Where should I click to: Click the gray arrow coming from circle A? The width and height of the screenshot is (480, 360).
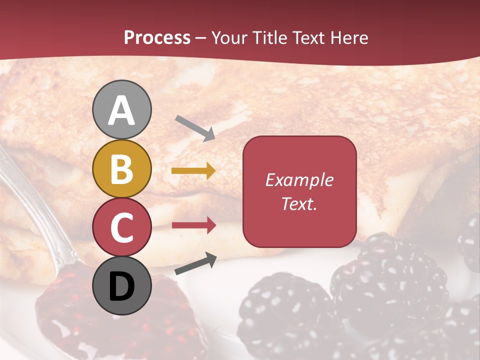pos(195,127)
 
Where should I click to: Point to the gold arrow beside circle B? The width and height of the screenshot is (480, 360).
pos(193,171)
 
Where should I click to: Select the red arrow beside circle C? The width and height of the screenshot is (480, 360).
pos(194,225)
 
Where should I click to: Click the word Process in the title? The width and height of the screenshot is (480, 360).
pos(157,38)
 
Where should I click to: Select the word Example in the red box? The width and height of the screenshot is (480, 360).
pos(299,180)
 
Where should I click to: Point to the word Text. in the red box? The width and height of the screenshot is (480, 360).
pos(299,204)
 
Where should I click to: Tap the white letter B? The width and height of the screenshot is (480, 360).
pos(122,169)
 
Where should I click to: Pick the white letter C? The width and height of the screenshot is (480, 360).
pos(122,228)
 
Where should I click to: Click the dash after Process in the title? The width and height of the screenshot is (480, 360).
pos(201,38)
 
